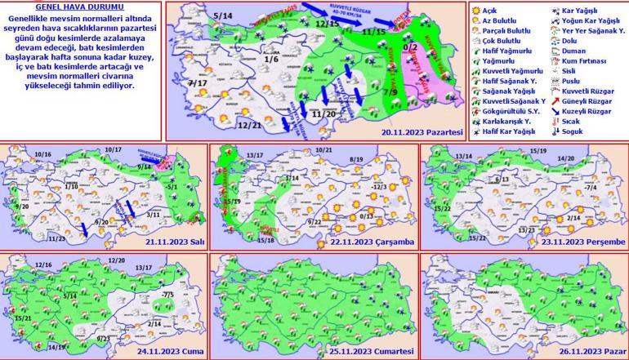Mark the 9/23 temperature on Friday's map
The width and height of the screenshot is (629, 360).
102,338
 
